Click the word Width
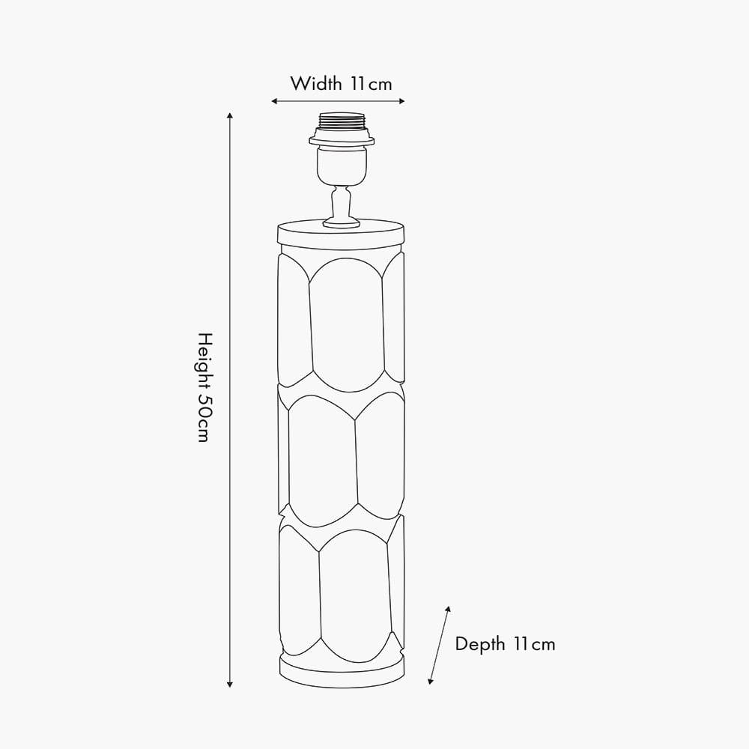click(x=316, y=84)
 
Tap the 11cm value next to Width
click(x=372, y=84)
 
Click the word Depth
click(x=480, y=644)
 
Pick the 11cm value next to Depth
click(x=535, y=644)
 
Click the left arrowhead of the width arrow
click(x=274, y=101)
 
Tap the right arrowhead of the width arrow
click(x=401, y=101)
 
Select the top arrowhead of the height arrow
click(x=230, y=115)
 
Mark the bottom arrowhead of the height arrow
click(x=230, y=684)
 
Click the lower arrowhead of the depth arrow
click(x=431, y=681)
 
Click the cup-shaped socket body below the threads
click(x=342, y=166)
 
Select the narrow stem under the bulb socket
click(x=341, y=204)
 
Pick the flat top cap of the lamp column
click(x=341, y=234)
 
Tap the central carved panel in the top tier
click(x=347, y=325)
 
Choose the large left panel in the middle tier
click(x=322, y=461)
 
